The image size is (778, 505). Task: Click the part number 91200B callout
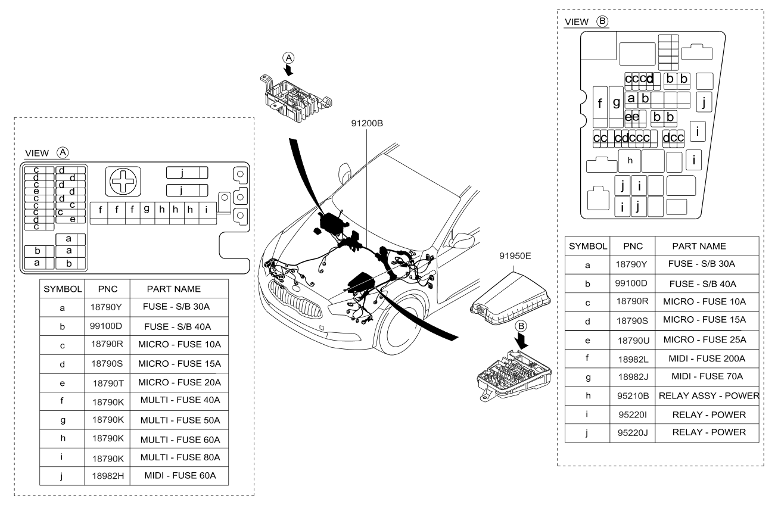coord(367,123)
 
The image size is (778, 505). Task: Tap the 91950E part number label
coord(515,256)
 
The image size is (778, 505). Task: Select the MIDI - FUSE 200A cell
coord(707,359)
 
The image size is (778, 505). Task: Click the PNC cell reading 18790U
coord(633,341)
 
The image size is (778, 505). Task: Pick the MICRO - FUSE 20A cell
coord(179,382)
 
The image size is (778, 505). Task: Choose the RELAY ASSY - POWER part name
coord(709,395)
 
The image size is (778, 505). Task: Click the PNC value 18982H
coord(108,476)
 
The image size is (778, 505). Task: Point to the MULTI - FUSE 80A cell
coord(180,457)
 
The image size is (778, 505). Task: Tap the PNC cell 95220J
coord(633,433)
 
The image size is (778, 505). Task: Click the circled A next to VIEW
coord(63,152)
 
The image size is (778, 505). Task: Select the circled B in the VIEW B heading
coord(602,21)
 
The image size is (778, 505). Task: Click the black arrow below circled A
coord(288,70)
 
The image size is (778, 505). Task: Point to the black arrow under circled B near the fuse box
coord(521,341)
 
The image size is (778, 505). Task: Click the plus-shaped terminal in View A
coord(123,181)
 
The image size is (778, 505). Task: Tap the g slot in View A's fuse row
coord(147,213)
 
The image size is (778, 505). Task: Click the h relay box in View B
coord(629,161)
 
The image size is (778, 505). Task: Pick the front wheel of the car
coord(402,323)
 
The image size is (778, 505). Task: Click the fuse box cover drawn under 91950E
coord(510,299)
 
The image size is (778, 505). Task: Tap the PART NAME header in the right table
coord(699,247)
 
